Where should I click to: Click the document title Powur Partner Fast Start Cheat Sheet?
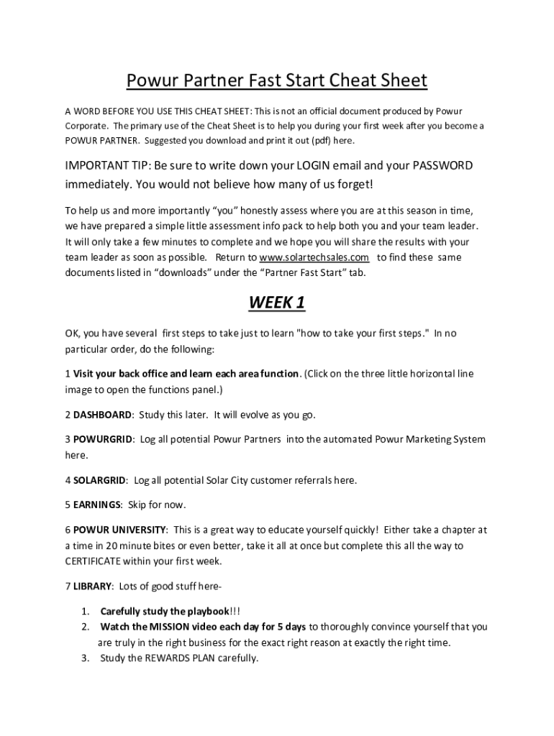coord(277,80)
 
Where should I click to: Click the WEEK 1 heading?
coord(277,303)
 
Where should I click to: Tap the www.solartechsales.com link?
coord(314,257)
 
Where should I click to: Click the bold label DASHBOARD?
coord(103,415)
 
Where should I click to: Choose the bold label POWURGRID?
coord(104,439)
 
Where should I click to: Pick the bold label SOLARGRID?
coord(101,479)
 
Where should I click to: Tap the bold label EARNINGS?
coord(97,505)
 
